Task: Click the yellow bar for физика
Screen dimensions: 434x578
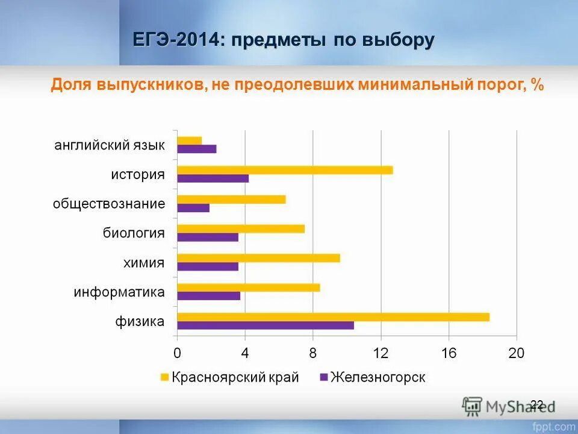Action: click(x=333, y=317)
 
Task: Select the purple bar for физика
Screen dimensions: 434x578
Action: click(x=266, y=325)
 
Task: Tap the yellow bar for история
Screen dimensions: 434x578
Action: click(x=285, y=170)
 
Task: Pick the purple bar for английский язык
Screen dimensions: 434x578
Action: click(x=197, y=149)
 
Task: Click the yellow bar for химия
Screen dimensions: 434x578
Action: click(x=258, y=258)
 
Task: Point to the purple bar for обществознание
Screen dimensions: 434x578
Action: click(x=193, y=208)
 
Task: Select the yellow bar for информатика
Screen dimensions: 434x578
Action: click(x=249, y=288)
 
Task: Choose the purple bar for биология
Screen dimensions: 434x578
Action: click(x=208, y=237)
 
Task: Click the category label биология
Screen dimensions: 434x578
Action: click(x=134, y=233)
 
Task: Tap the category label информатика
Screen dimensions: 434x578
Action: click(x=119, y=292)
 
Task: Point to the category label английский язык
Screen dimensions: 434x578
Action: click(x=110, y=145)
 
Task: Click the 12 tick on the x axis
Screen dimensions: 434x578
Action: click(x=381, y=354)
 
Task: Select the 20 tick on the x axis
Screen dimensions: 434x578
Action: click(x=517, y=354)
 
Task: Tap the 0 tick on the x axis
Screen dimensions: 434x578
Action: click(x=177, y=354)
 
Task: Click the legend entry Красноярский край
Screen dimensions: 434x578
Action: click(x=235, y=378)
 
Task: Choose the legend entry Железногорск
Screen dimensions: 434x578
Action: click(x=378, y=378)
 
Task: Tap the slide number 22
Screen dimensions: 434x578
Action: click(x=537, y=404)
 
